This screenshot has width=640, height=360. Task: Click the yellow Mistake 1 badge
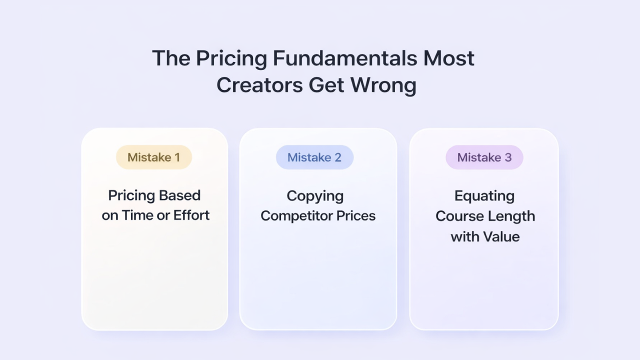[154, 157]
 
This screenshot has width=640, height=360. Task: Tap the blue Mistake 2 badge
[314, 157]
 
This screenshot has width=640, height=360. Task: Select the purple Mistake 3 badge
[484, 157]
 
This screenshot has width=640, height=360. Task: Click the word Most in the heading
[448, 58]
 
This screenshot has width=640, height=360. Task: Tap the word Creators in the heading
[259, 84]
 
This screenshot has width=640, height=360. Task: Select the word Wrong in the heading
[383, 85]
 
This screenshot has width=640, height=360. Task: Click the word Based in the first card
[181, 195]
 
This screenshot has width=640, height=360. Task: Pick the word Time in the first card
[138, 215]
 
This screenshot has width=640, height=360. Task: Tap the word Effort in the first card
[191, 215]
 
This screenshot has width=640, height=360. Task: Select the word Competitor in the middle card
[297, 216]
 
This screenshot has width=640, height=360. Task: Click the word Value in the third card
[502, 236]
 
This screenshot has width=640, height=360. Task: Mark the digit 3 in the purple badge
[508, 157]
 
